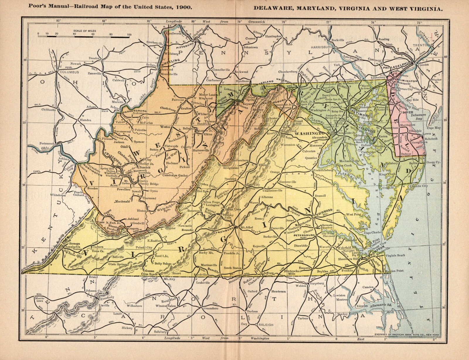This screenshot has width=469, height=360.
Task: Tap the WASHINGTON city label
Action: coord(308,133)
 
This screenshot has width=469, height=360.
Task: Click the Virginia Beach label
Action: coord(396,255)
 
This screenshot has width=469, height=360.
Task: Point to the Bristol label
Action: coord(86,277)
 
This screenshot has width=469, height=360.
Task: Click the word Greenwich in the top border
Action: coord(256,21)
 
